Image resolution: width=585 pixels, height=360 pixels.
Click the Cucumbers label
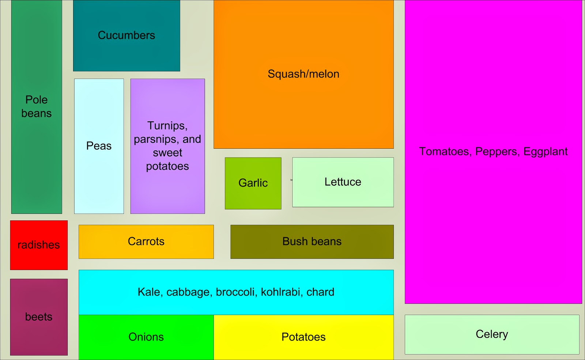(x=127, y=35)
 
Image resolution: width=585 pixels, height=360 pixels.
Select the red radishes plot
(x=39, y=245)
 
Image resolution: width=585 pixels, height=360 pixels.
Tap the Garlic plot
(x=253, y=183)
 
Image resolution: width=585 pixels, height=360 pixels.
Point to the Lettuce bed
(x=343, y=182)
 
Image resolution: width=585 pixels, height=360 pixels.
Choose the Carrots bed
(x=146, y=242)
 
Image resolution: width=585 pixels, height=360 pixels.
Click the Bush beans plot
(x=312, y=242)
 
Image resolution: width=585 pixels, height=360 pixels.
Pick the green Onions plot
(x=146, y=337)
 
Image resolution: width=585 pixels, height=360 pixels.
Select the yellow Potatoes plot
(x=303, y=337)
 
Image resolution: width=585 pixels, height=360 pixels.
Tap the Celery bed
(x=492, y=334)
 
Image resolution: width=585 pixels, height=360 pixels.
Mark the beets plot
(x=39, y=317)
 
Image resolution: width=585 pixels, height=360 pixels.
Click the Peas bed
(x=99, y=146)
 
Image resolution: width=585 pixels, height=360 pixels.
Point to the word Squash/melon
(x=303, y=74)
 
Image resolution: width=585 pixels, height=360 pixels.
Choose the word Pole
(x=37, y=100)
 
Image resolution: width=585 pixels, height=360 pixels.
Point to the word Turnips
(x=167, y=126)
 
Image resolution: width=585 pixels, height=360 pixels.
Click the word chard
(x=320, y=292)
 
